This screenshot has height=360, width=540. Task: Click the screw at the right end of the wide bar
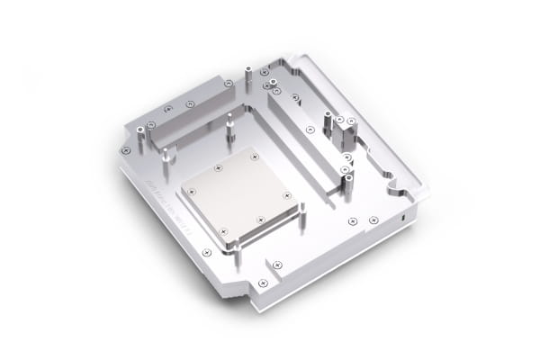pos(228,84)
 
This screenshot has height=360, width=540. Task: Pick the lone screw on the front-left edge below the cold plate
pos(206,253)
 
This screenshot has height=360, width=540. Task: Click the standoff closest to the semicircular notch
pos(346,184)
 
